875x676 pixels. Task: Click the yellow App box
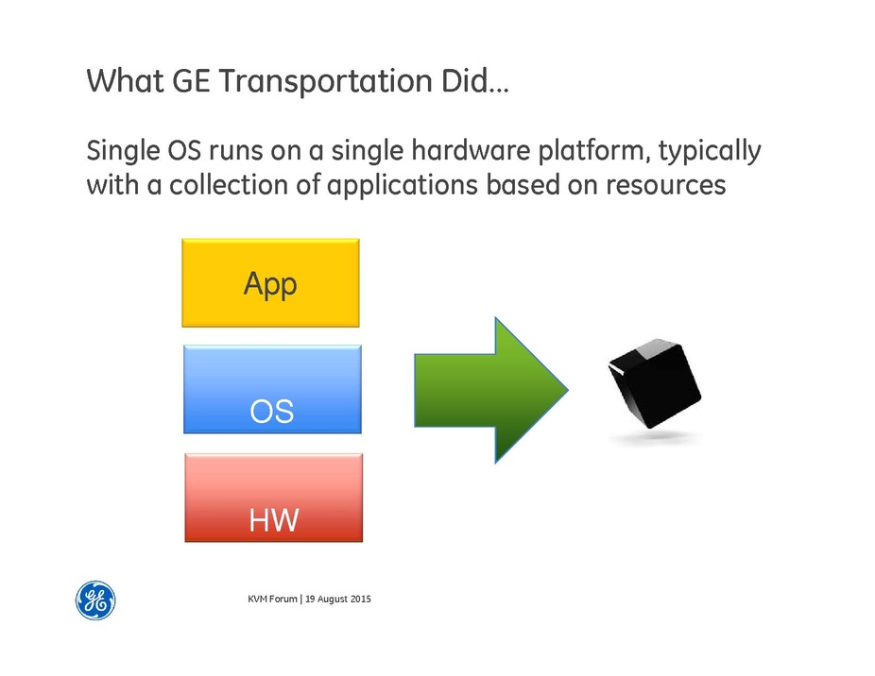(x=270, y=283)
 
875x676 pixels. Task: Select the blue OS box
(x=272, y=389)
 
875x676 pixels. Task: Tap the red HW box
(x=274, y=498)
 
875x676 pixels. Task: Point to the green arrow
(x=491, y=391)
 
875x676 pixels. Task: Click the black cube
(x=655, y=382)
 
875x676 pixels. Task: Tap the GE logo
(x=95, y=600)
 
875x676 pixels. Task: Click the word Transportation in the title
(x=325, y=81)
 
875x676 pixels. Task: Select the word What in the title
(x=125, y=80)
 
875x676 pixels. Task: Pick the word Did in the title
(x=464, y=80)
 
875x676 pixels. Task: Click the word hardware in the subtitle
(x=471, y=151)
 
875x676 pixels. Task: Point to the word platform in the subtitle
(x=593, y=152)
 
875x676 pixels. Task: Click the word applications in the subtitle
(x=403, y=186)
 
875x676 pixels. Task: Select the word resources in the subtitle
(x=666, y=186)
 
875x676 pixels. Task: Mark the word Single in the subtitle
(x=124, y=152)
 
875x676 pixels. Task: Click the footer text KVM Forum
(x=272, y=599)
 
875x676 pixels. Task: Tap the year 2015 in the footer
(x=361, y=599)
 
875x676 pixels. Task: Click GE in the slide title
(x=191, y=80)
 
